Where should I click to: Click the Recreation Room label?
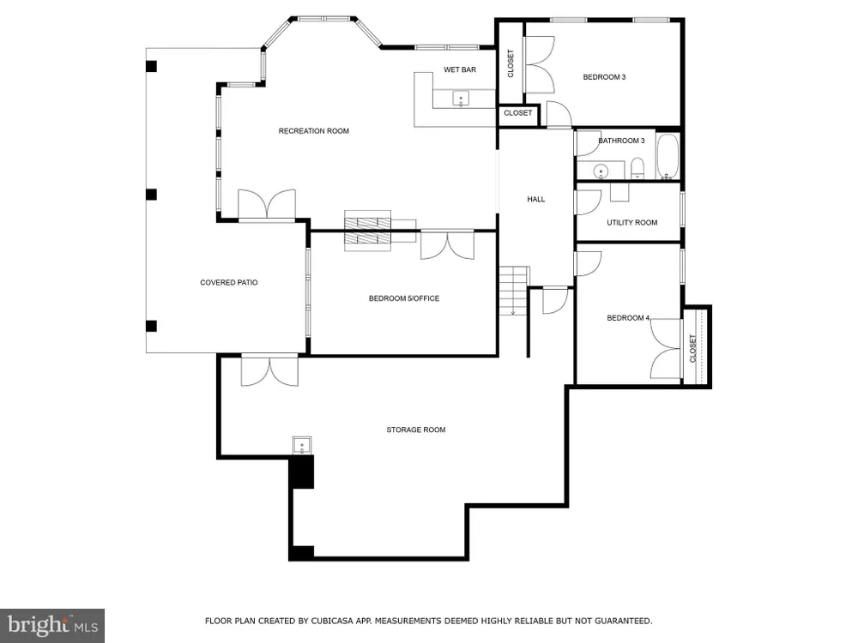click(x=313, y=130)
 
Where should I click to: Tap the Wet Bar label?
click(x=460, y=69)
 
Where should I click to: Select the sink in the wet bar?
click(x=461, y=99)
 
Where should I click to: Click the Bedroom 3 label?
click(x=604, y=77)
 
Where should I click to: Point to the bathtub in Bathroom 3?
click(x=667, y=156)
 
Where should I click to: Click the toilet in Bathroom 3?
click(x=637, y=168)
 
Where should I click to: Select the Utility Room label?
click(x=632, y=223)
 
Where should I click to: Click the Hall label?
click(x=536, y=199)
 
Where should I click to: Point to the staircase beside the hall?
click(x=514, y=291)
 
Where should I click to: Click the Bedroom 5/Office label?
click(x=404, y=298)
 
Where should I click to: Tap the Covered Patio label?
click(x=229, y=283)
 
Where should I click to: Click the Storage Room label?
click(x=416, y=430)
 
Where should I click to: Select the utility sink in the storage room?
click(x=302, y=446)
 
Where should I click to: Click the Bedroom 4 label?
click(x=628, y=318)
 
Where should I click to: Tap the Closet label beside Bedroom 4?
click(x=692, y=349)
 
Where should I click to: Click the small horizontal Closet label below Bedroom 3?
click(x=517, y=112)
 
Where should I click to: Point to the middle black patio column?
click(x=152, y=195)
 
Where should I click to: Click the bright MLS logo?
click(x=52, y=626)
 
